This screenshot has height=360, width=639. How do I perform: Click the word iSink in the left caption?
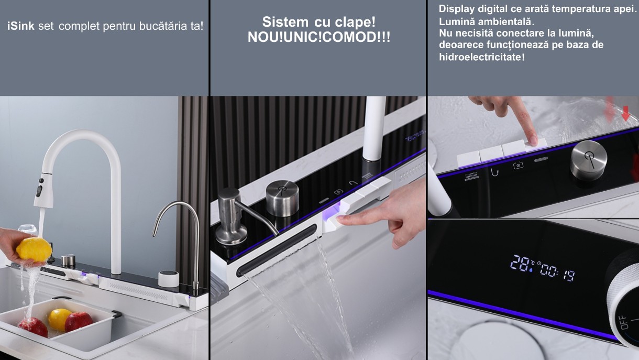[x=21, y=26]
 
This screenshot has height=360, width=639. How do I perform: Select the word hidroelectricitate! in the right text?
[x=481, y=57]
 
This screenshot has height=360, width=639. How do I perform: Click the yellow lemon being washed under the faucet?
[x=34, y=249]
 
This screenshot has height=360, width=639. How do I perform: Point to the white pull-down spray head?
[x=43, y=189]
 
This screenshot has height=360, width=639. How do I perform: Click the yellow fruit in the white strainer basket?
[x=59, y=319]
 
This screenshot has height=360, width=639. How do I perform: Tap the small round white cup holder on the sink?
[x=168, y=279]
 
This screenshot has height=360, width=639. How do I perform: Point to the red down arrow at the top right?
[x=625, y=113]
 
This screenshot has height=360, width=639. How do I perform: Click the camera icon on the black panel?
[x=518, y=165]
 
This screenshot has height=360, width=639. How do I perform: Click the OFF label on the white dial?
[x=624, y=322]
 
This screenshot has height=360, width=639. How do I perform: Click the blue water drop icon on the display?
[x=532, y=269]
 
